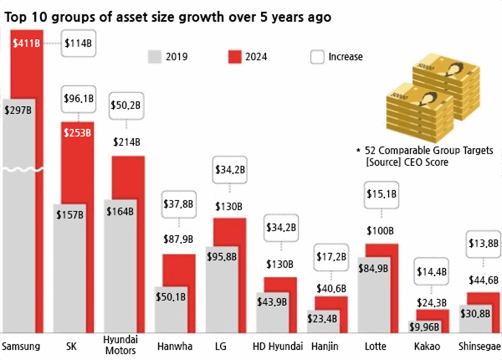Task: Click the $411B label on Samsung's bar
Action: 26,43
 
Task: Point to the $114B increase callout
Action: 78,44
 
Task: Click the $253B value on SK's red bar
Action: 77,132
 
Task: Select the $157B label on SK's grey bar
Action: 70,215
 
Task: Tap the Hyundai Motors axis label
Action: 121,345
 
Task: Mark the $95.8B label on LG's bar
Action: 222,257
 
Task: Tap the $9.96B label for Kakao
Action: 425,327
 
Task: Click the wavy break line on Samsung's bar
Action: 22,170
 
